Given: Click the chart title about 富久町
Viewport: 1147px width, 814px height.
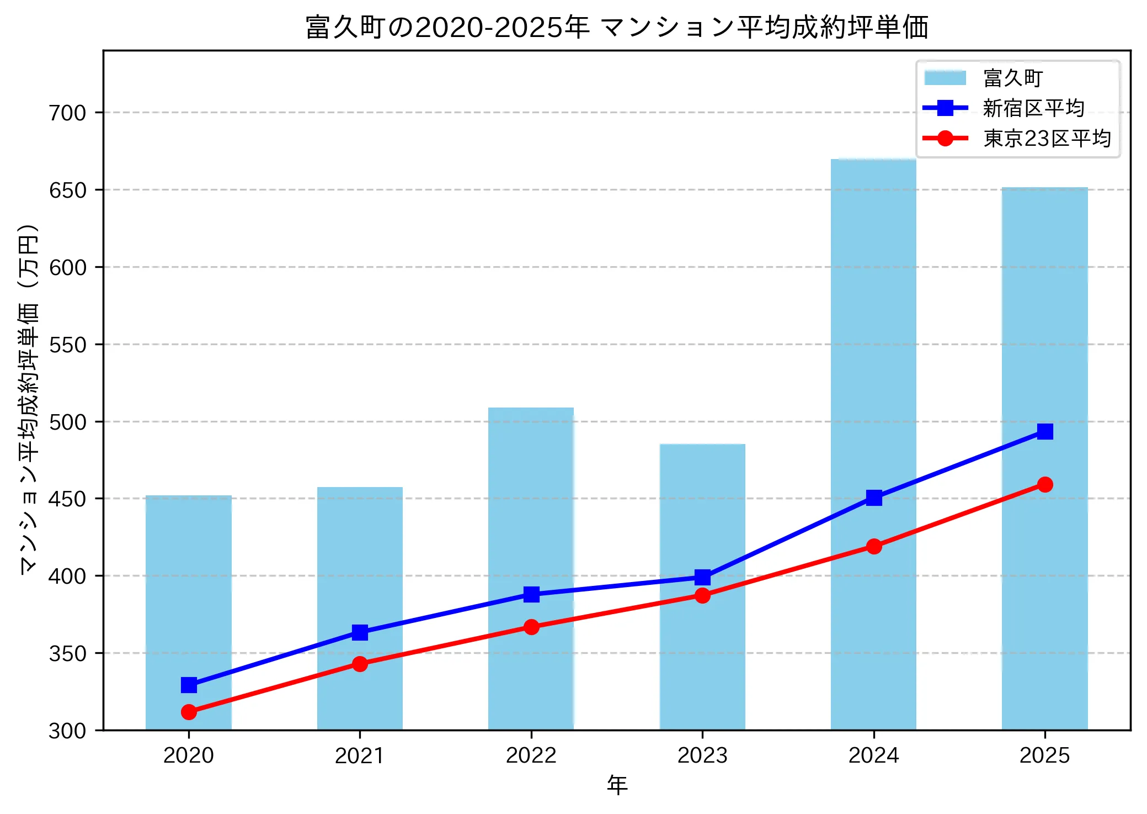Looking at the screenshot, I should click(x=617, y=28).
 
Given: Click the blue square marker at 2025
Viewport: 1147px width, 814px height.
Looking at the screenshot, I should click(x=1044, y=431).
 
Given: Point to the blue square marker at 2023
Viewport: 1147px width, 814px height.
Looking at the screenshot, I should click(x=702, y=578).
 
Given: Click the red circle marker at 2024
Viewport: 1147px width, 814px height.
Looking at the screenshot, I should click(x=873, y=547).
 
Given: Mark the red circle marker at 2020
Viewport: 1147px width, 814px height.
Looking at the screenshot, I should click(x=189, y=712).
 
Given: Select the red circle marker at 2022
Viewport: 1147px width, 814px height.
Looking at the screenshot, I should click(x=531, y=627).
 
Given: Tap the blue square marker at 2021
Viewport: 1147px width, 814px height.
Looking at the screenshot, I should click(x=360, y=632).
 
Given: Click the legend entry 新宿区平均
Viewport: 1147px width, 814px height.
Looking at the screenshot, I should click(x=1033, y=108).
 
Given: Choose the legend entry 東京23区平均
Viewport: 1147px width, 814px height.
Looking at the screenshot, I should click(x=1047, y=139).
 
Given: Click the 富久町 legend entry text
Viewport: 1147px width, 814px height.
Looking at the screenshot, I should click(x=1013, y=78).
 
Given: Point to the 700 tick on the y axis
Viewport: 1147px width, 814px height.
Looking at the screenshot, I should click(x=68, y=113).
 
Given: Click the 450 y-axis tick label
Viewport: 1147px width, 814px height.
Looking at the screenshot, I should click(x=68, y=499).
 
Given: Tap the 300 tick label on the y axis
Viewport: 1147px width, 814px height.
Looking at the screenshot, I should click(x=68, y=731).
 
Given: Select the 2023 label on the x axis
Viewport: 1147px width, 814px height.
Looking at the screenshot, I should click(x=702, y=755).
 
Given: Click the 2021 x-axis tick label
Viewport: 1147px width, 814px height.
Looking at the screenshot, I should click(x=360, y=755).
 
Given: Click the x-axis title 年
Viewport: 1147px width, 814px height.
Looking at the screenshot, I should click(x=617, y=785).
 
